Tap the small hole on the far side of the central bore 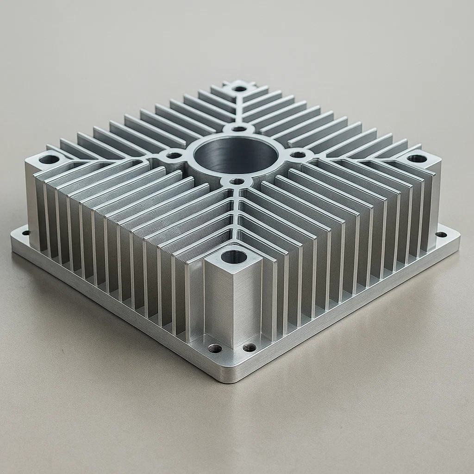(238, 129)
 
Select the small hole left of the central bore (174, 156)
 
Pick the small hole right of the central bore (298, 155)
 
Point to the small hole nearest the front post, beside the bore (237, 181)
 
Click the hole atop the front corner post (233, 256)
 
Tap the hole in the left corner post (49, 160)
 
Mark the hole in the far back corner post (239, 88)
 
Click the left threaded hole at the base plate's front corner (215, 348)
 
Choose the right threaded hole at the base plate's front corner (249, 347)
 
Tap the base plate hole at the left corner (25, 233)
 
